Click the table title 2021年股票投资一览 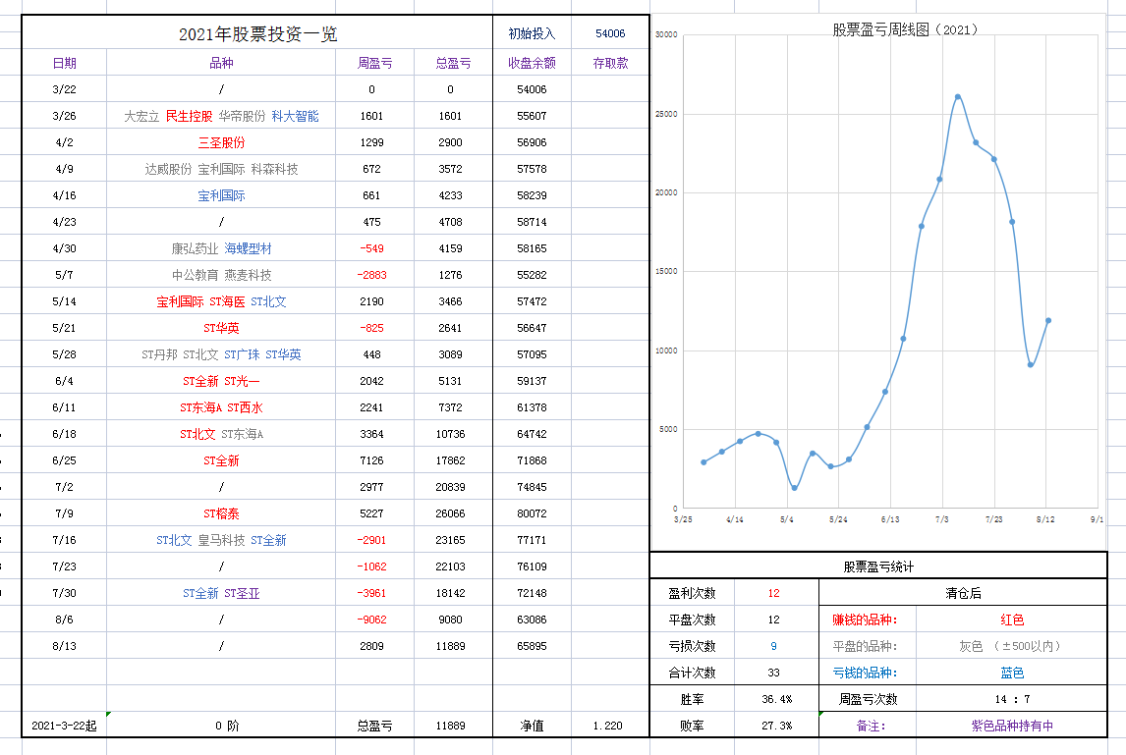[257, 34]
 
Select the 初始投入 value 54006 [610, 34]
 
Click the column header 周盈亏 [374, 63]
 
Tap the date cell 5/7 [64, 276]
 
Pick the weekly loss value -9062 [372, 620]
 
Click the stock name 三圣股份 [221, 143]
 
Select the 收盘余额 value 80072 [532, 514]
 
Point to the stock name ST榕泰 [221, 514]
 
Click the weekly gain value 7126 [372, 461]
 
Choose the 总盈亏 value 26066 [451, 514]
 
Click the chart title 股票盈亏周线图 [905, 30]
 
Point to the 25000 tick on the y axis [666, 115]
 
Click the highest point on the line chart [958, 97]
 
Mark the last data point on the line [1048, 320]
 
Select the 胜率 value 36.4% [777, 700]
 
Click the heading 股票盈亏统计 [878, 567]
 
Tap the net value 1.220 [608, 727]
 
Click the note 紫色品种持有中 [1011, 727]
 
